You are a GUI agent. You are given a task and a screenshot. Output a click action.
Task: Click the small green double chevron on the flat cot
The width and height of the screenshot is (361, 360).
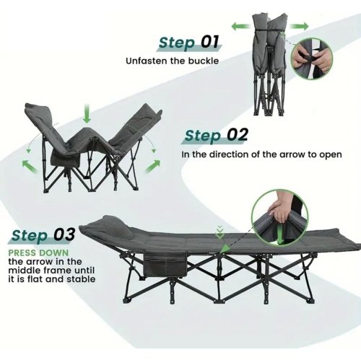click(219, 232)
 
